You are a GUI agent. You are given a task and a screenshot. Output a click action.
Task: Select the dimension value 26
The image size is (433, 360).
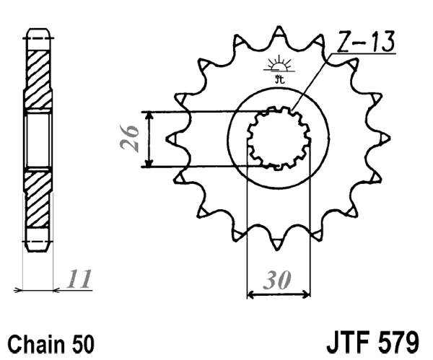pyautogui.click(x=131, y=139)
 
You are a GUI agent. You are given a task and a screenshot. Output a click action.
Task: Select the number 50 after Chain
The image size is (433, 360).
pyautogui.click(x=81, y=341)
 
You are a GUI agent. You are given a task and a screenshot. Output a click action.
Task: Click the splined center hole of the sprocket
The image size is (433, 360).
pyautogui.click(x=278, y=138)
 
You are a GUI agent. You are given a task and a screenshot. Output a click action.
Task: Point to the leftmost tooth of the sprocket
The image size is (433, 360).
pyautogui.click(x=171, y=137)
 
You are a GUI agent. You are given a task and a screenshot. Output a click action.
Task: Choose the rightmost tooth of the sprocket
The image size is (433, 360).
pyautogui.click(x=385, y=137)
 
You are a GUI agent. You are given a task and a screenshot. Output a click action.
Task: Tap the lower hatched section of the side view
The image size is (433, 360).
pyautogui.click(x=39, y=202)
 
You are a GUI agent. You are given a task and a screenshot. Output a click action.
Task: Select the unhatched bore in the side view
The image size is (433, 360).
pyautogui.click(x=39, y=139)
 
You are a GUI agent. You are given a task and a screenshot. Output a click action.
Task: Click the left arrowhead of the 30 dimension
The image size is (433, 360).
pyautogui.click(x=251, y=294)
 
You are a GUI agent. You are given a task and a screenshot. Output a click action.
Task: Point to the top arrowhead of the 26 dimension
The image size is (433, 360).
pyautogui.click(x=148, y=115)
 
